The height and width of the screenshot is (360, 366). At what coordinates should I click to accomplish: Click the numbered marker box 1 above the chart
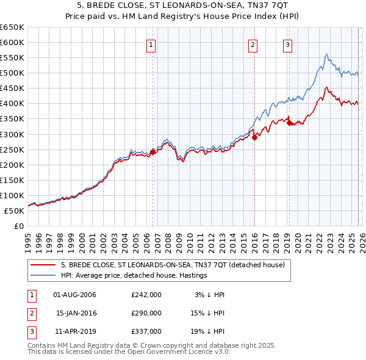[150, 44]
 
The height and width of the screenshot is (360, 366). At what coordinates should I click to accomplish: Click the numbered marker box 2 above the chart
[253, 44]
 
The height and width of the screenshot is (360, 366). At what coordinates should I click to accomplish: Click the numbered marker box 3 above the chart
[287, 44]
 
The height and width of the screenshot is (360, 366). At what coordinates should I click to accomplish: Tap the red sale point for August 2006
[152, 152]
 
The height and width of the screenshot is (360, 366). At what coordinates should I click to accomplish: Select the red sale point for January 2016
[254, 137]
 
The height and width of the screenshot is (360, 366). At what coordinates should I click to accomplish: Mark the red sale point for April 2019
[289, 123]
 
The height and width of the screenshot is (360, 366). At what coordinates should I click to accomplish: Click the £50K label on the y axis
[14, 211]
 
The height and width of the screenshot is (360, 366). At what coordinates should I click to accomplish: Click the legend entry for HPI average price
[134, 275]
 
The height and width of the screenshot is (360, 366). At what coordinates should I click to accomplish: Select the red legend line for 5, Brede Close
[43, 265]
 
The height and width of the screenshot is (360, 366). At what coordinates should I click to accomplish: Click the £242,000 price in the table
[146, 295]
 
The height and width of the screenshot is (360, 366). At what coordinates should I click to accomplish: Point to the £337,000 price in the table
[146, 331]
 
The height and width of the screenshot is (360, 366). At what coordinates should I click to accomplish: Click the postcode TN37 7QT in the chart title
[261, 5]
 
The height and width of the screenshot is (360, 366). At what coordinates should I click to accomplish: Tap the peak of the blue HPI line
[327, 55]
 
